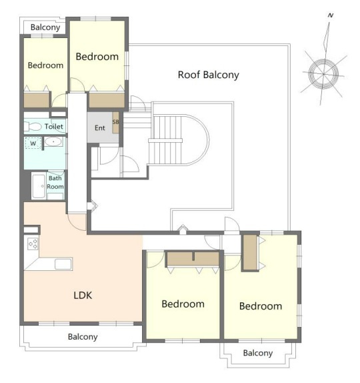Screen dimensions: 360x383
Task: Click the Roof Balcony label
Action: (x=208, y=75)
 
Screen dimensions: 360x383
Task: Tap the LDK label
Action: (x=83, y=296)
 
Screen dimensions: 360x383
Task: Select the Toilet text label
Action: (x=54, y=127)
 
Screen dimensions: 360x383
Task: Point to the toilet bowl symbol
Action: (x=33, y=127)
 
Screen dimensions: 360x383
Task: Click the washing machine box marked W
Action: (x=33, y=143)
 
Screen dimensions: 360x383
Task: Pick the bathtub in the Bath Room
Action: (x=39, y=186)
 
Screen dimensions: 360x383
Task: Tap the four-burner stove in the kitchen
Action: (x=33, y=244)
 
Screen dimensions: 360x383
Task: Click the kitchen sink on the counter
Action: (x=63, y=264)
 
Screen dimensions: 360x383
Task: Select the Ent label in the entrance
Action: (x=100, y=127)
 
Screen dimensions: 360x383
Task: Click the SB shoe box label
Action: (x=115, y=122)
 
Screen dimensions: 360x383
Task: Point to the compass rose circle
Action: (x=323, y=73)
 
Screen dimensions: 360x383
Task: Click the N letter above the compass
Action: (x=330, y=15)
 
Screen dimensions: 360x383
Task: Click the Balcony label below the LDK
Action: (x=83, y=337)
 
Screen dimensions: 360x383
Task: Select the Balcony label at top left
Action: (x=45, y=27)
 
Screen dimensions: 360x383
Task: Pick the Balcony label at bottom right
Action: (x=258, y=353)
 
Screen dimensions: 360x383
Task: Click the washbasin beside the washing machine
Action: (x=53, y=141)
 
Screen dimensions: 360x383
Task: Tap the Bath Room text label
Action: (x=55, y=182)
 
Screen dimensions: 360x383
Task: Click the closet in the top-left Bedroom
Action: (x=37, y=99)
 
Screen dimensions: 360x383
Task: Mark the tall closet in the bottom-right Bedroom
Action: (x=250, y=252)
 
